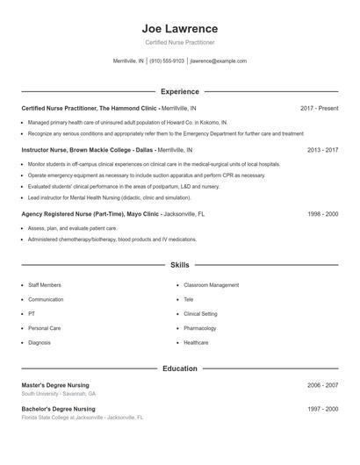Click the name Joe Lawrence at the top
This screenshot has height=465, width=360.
point(180,26)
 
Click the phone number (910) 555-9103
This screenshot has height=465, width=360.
point(167,61)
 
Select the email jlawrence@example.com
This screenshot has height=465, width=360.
point(219,61)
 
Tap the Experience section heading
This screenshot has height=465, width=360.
point(180,91)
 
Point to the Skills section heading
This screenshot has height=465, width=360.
point(180,264)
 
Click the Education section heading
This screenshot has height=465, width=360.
point(180,368)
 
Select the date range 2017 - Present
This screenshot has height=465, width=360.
point(319,108)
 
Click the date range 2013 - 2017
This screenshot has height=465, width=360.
point(322,150)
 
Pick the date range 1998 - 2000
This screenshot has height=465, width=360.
point(322,213)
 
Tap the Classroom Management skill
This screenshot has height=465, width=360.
point(211,285)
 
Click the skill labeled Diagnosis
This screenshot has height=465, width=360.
point(40,342)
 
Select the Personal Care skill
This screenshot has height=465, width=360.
point(44,328)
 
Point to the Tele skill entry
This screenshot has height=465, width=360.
point(189,299)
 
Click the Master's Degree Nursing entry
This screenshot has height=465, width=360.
point(55,385)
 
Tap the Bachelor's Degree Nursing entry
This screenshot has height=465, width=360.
point(58,409)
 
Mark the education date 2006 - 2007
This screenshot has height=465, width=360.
point(322,385)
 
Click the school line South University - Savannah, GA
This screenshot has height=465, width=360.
point(59,394)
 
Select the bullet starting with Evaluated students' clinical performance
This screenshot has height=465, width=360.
point(124,187)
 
